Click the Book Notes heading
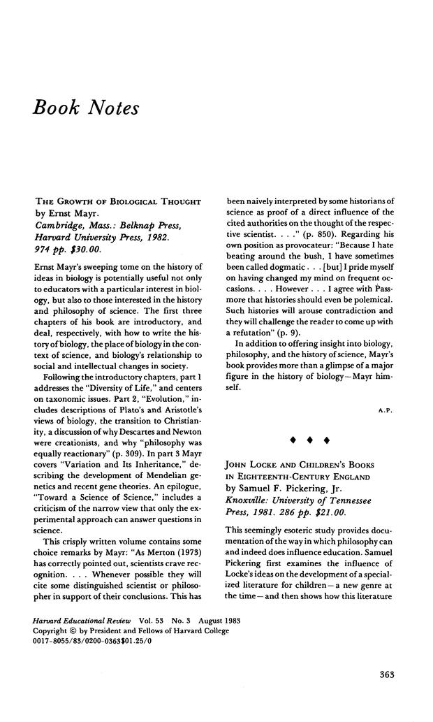(85, 108)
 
